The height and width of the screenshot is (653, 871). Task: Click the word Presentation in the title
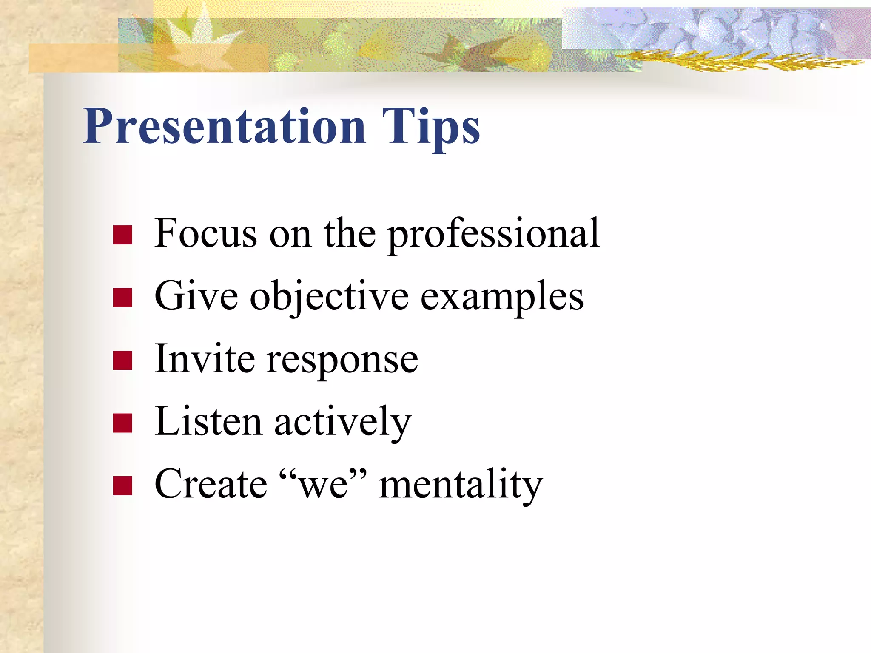(224, 127)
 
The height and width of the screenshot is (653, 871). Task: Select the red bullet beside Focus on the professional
(122, 235)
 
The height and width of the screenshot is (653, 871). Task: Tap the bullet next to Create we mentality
(122, 485)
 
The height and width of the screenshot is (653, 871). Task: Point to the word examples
(502, 298)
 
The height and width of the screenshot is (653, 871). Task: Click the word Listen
(208, 422)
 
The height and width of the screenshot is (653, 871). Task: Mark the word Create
(211, 485)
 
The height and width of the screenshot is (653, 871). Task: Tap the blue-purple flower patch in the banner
(714, 28)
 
